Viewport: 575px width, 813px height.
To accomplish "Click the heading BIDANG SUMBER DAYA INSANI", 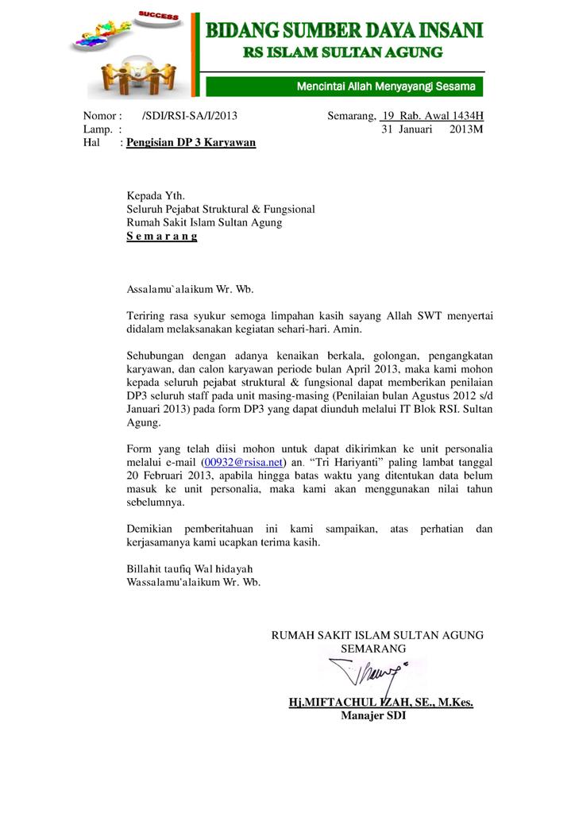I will point(345,31).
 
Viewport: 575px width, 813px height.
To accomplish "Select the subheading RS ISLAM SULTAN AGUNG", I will point(342,52).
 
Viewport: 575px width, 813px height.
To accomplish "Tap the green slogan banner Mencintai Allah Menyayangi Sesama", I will point(385,86).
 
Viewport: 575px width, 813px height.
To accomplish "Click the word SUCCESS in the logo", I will point(159,15).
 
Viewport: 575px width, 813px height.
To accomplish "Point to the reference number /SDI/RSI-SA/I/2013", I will point(189,116).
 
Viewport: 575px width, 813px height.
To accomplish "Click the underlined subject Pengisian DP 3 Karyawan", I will point(191,143).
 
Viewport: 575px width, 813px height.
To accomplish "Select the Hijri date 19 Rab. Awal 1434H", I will point(432,116).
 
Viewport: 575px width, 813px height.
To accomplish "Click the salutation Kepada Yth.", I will point(156,195).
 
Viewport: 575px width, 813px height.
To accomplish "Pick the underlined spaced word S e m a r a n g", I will point(162,237).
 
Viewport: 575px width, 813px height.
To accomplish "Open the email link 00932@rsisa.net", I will point(243,461).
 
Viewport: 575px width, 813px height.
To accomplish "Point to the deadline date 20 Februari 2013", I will point(169,475).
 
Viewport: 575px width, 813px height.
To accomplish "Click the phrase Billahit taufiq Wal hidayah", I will point(190,568).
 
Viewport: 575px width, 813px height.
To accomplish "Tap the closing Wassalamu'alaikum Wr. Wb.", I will point(194,582).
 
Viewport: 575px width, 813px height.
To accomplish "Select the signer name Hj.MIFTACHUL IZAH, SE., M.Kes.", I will point(380,703).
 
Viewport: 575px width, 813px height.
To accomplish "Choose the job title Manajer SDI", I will point(373,716).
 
